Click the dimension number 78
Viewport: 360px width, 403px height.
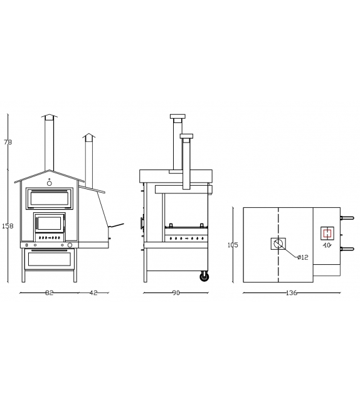[x=8, y=142]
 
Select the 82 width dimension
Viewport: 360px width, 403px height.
[x=49, y=293]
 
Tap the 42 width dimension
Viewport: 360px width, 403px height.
[x=93, y=293]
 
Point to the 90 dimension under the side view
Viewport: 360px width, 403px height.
[x=176, y=293]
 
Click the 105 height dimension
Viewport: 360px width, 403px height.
[x=233, y=245]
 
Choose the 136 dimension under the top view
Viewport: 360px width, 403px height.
[x=291, y=293]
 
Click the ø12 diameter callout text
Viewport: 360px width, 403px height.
[x=302, y=257]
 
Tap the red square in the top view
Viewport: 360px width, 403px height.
[x=326, y=233]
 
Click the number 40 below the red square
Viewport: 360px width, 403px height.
[x=327, y=245]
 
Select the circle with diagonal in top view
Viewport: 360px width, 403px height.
[x=278, y=244]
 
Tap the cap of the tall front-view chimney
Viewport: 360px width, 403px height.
[x=49, y=117]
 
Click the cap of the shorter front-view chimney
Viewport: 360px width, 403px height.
[x=89, y=136]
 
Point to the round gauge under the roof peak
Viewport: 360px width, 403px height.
[x=50, y=183]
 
